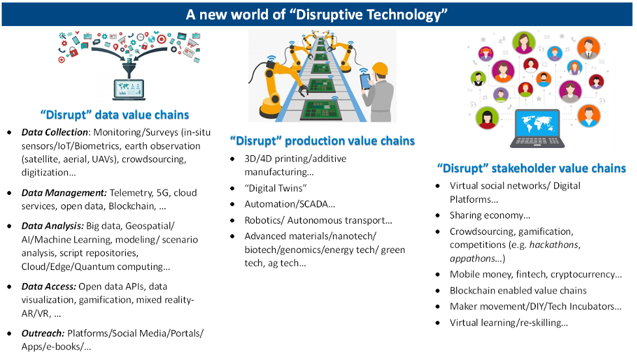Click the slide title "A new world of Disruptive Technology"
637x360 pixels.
[x=316, y=14]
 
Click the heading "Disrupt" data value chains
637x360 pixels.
[x=115, y=115]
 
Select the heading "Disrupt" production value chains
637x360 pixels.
[x=322, y=141]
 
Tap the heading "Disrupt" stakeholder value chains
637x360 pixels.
[x=531, y=168]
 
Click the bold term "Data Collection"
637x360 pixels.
[x=54, y=132]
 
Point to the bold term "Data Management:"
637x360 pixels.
[x=64, y=193]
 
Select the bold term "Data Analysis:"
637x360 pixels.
[x=53, y=226]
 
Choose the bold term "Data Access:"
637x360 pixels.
[x=49, y=286]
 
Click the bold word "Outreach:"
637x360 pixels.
[x=43, y=334]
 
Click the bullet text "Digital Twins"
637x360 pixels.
[x=275, y=188]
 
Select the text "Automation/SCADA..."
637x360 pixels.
[x=289, y=204]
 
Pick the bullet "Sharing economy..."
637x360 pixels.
[x=490, y=215]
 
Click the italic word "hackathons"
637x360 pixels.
[x=554, y=245]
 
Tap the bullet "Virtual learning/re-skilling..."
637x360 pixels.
[x=509, y=323]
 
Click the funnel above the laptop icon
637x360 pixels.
[x=129, y=69]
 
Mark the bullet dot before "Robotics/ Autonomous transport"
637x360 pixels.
[x=232, y=220]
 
